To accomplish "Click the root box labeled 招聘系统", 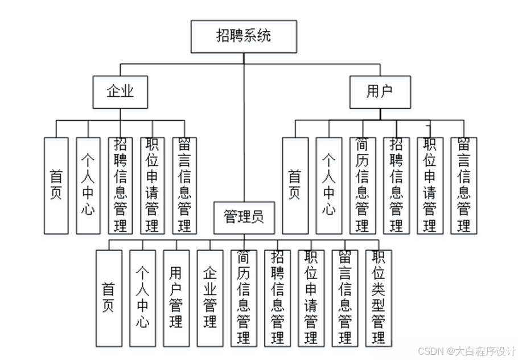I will [244, 36].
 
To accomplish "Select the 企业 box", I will [120, 92].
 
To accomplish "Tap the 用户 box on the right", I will [380, 92].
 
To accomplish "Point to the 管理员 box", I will [244, 217].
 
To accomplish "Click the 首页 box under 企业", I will [56, 185].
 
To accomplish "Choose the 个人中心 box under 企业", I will [88, 185].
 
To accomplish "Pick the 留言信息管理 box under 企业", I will [184, 185].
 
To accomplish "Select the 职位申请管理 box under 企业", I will [152, 185].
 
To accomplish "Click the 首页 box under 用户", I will [295, 185].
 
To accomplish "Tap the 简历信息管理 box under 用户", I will [362, 185].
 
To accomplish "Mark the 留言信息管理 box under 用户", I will [463, 185].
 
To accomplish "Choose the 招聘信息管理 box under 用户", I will [396, 185].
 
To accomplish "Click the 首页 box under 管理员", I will [108, 298].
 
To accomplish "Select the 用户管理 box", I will [176, 298].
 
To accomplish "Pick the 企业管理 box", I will [209, 298].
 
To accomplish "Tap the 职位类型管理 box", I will [379, 298].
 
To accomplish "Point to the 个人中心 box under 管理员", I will [142, 298].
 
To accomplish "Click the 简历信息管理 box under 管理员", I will [243, 298].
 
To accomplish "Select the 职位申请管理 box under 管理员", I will [311, 298].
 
